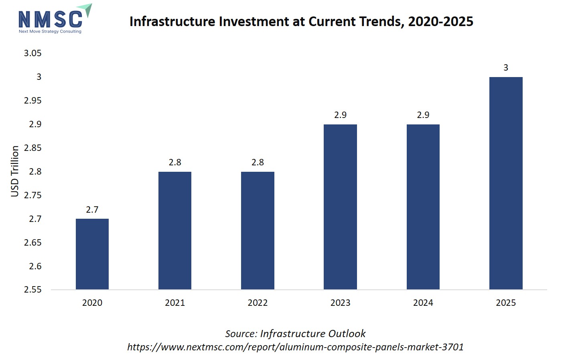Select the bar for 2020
92,254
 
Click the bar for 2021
175,230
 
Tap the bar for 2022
258,230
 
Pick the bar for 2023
340,207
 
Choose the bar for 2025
506,183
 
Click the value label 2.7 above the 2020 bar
92,209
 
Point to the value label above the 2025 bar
506,67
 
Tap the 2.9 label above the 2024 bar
423,115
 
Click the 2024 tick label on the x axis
423,303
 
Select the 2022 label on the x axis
258,303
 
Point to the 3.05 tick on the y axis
32,53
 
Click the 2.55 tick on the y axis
32,289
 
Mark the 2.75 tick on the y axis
32,195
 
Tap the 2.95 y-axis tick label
32,100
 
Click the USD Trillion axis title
15,171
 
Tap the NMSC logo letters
51,19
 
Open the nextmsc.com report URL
295,347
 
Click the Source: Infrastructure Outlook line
295,334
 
